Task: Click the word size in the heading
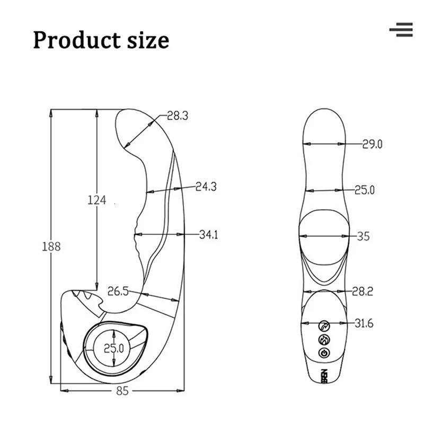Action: (x=148, y=40)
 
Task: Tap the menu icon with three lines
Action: (x=401, y=30)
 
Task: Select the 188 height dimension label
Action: (x=51, y=246)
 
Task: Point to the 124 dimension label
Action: (x=97, y=200)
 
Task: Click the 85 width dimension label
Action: (x=122, y=391)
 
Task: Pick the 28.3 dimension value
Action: (x=178, y=116)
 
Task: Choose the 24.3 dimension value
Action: (x=206, y=187)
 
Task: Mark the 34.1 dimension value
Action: (x=208, y=234)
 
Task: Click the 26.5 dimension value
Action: (x=118, y=291)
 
